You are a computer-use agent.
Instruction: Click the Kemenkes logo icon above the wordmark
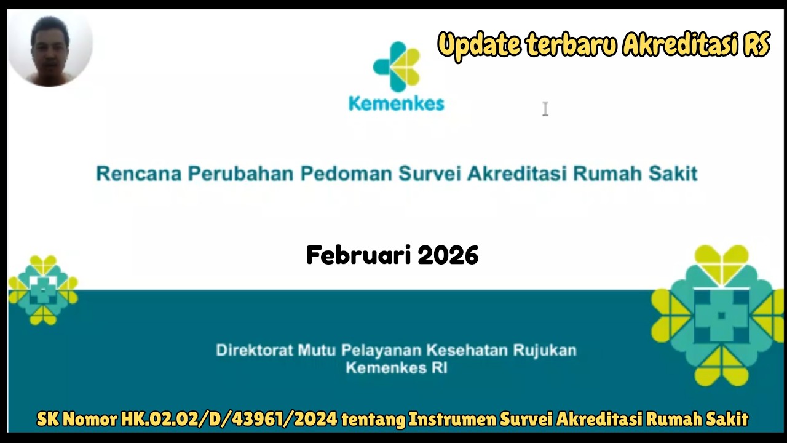tap(396, 66)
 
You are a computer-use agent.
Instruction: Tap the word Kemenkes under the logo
tap(396, 103)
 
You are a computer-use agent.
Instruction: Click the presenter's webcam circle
tap(49, 49)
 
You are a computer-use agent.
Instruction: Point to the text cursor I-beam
tap(545, 109)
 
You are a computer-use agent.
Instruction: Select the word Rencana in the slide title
tap(139, 174)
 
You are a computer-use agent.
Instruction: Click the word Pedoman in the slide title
tap(346, 174)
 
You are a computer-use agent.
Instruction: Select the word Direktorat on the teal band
tap(254, 351)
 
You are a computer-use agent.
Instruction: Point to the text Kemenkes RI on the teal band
tap(396, 368)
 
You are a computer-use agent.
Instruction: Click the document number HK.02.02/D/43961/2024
tap(229, 420)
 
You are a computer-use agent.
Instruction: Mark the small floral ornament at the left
tap(43, 290)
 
